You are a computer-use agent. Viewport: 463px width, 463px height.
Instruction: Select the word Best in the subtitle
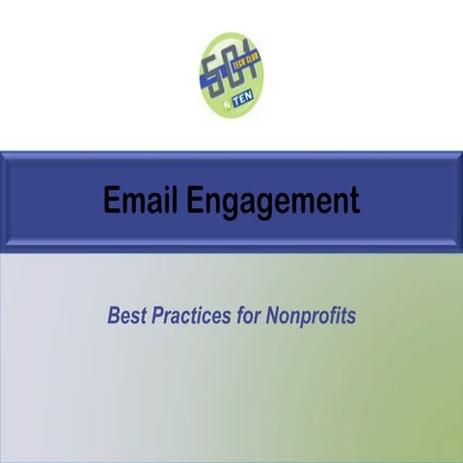coord(127,314)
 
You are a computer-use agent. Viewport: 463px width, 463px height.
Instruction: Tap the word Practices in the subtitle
coord(190,314)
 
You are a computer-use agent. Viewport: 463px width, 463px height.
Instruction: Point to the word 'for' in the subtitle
coord(246,314)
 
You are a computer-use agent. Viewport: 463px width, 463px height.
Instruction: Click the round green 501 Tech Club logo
coord(231,74)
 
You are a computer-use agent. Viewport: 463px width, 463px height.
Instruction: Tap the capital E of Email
coord(111,201)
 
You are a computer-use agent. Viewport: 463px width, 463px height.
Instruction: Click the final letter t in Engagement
coord(354,202)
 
